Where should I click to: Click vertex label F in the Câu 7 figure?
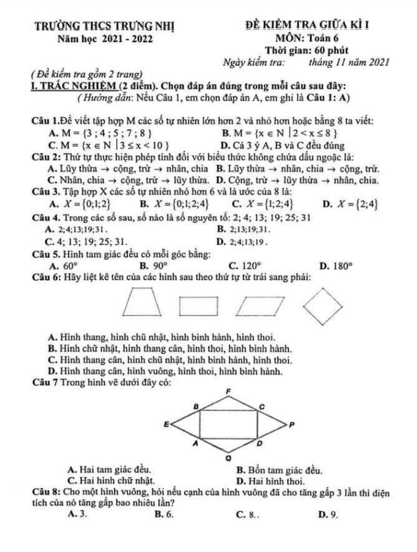point(228,391)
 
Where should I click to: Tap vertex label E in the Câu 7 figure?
point(166,421)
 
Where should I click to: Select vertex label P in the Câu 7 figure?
point(291,423)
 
